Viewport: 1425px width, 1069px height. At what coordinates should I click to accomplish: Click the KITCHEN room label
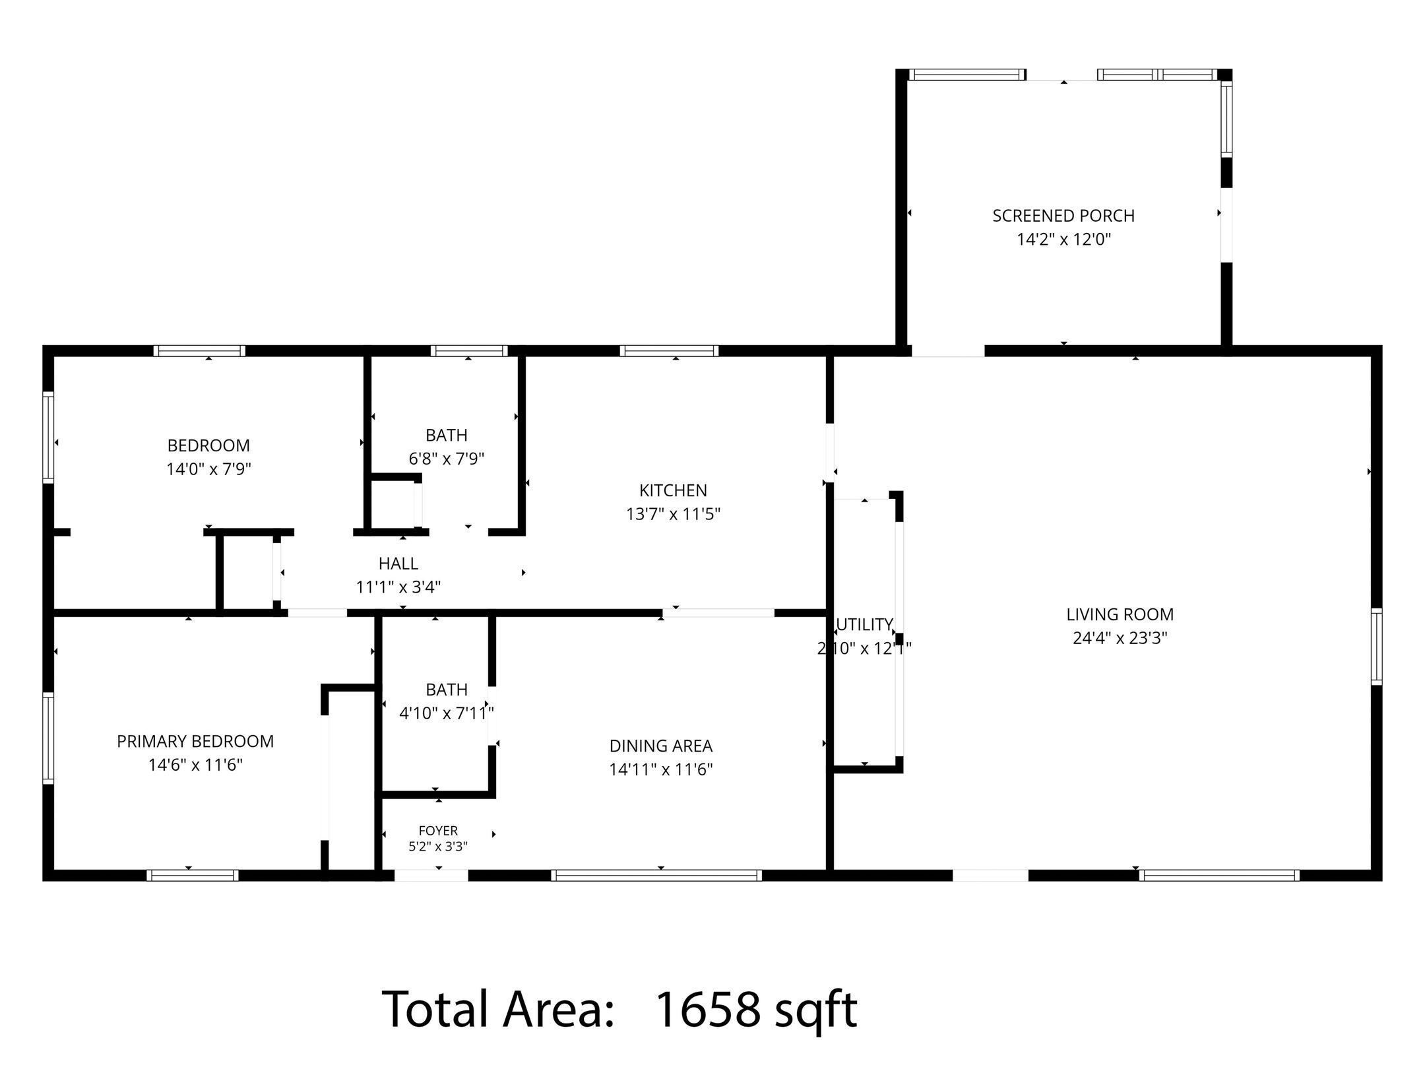point(673,490)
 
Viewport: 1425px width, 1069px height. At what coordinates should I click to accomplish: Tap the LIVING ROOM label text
point(1120,614)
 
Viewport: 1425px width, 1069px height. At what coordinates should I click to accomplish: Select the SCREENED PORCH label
point(1063,216)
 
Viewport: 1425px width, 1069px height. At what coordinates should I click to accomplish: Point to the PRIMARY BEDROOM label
point(195,741)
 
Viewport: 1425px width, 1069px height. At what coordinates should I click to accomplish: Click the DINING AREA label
point(661,746)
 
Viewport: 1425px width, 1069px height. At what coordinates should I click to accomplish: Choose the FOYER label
point(438,830)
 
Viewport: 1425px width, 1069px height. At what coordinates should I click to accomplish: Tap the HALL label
point(398,564)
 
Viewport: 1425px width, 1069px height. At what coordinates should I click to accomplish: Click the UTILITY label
point(864,624)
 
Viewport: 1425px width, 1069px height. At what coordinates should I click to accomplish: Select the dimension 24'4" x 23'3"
point(1120,638)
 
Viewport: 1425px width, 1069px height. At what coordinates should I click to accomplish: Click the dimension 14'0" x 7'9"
point(209,469)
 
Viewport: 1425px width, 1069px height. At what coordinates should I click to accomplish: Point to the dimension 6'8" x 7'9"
point(447,459)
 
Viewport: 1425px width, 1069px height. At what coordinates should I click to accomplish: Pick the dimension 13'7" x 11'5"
point(673,514)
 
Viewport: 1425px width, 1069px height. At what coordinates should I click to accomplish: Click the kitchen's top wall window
point(669,350)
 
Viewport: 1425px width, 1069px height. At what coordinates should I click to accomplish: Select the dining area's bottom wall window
point(656,876)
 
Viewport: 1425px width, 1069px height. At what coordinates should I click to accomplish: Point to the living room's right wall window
point(1376,647)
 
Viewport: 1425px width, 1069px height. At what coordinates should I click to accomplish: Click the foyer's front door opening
point(431,876)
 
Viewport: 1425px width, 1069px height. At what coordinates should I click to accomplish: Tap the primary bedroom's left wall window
point(48,738)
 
